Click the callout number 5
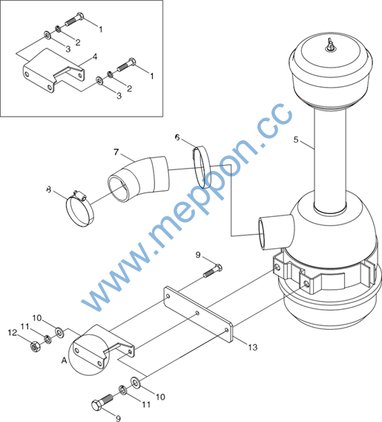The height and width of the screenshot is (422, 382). [x=296, y=140]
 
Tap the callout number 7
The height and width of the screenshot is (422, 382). [x=116, y=152]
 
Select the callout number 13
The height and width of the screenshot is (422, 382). [x=252, y=347]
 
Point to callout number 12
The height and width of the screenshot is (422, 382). [x=13, y=333]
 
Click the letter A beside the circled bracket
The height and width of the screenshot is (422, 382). [x=64, y=360]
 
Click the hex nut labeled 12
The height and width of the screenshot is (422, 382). [x=35, y=347]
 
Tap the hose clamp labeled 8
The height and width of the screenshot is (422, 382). [x=80, y=208]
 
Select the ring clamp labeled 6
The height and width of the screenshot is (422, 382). [x=202, y=167]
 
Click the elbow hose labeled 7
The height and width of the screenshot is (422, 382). [x=139, y=178]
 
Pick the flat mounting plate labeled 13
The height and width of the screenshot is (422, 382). [x=198, y=314]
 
